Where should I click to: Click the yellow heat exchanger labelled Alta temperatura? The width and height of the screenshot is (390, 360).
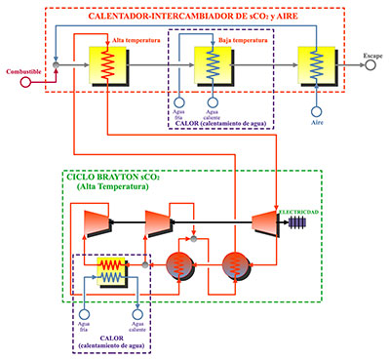point(105,65)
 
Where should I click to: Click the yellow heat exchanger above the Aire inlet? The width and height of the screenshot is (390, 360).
point(316,65)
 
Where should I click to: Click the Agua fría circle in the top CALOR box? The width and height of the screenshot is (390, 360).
point(179,100)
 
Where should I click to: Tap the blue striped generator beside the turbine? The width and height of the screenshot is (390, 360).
point(295,222)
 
